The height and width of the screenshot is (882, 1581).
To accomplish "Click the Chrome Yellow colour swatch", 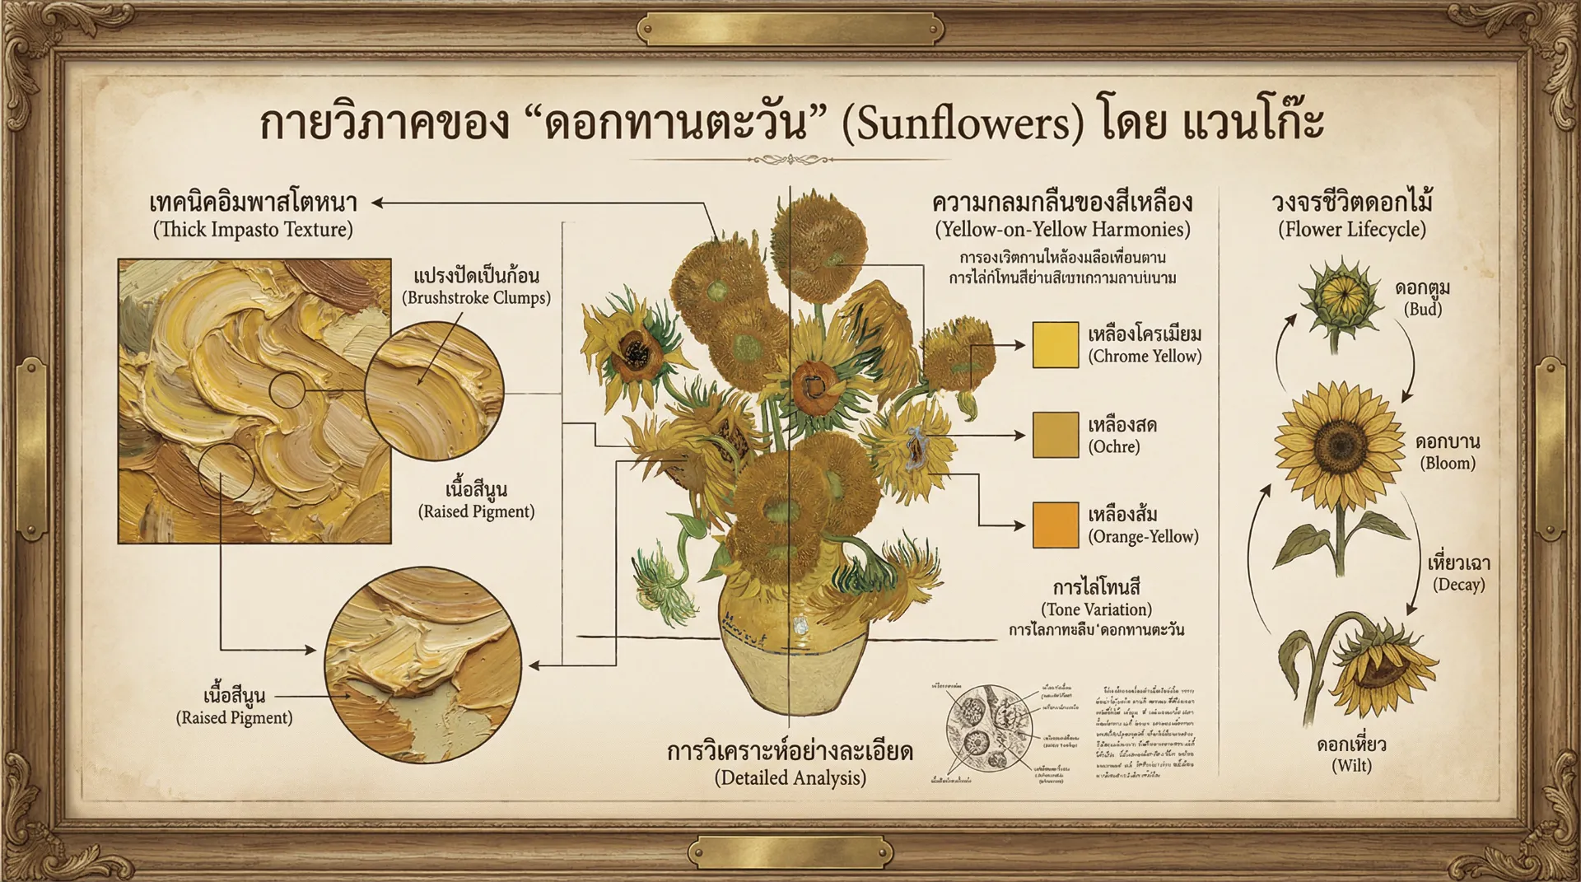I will pos(1056,344).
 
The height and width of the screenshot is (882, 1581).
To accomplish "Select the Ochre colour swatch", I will pos(1056,435).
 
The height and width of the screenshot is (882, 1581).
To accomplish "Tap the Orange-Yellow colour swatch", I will pos(1056,525).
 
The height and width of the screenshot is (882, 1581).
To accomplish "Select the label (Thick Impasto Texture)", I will pos(253,229).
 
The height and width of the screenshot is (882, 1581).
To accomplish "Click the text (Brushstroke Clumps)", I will pos(476,297).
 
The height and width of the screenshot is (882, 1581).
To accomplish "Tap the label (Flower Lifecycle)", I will pos(1351,229).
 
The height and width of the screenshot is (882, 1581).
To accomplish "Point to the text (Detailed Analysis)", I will pos(790,777).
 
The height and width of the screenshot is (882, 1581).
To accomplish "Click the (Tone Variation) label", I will pos(1096,609).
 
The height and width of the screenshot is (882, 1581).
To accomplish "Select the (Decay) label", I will pos(1458,585).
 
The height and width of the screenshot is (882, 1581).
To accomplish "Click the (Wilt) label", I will pos(1351,765).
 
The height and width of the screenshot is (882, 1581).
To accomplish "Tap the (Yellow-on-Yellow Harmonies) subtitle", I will pos(1062,229).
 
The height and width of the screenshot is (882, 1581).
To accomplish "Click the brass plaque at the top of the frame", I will pos(790,30).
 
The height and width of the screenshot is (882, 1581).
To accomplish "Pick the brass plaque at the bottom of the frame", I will pos(790,852).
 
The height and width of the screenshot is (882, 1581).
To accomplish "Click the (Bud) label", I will pos(1422,309).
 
